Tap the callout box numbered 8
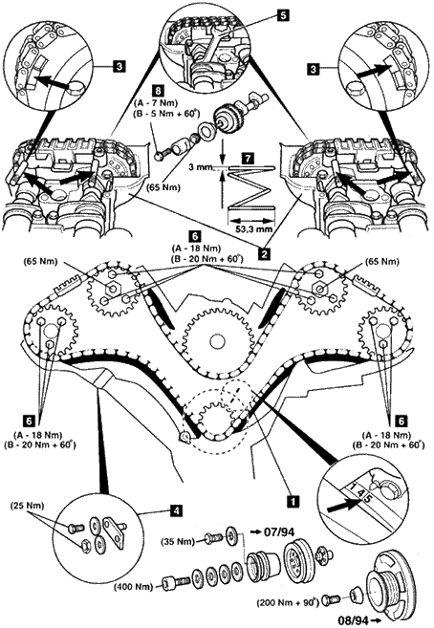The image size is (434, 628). (158, 91)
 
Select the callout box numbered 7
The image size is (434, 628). (249, 159)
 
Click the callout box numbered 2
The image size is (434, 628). (264, 253)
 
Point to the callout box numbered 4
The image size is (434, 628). (175, 510)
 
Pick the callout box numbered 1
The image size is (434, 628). (293, 500)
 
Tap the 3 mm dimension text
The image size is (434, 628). (200, 166)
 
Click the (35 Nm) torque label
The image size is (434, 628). (178, 542)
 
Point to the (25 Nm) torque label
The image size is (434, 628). (27, 506)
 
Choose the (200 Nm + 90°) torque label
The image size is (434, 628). (289, 601)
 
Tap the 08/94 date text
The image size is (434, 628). (353, 620)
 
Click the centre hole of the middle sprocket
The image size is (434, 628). (217, 340)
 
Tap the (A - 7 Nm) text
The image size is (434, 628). (158, 103)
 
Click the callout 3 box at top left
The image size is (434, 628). (119, 67)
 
